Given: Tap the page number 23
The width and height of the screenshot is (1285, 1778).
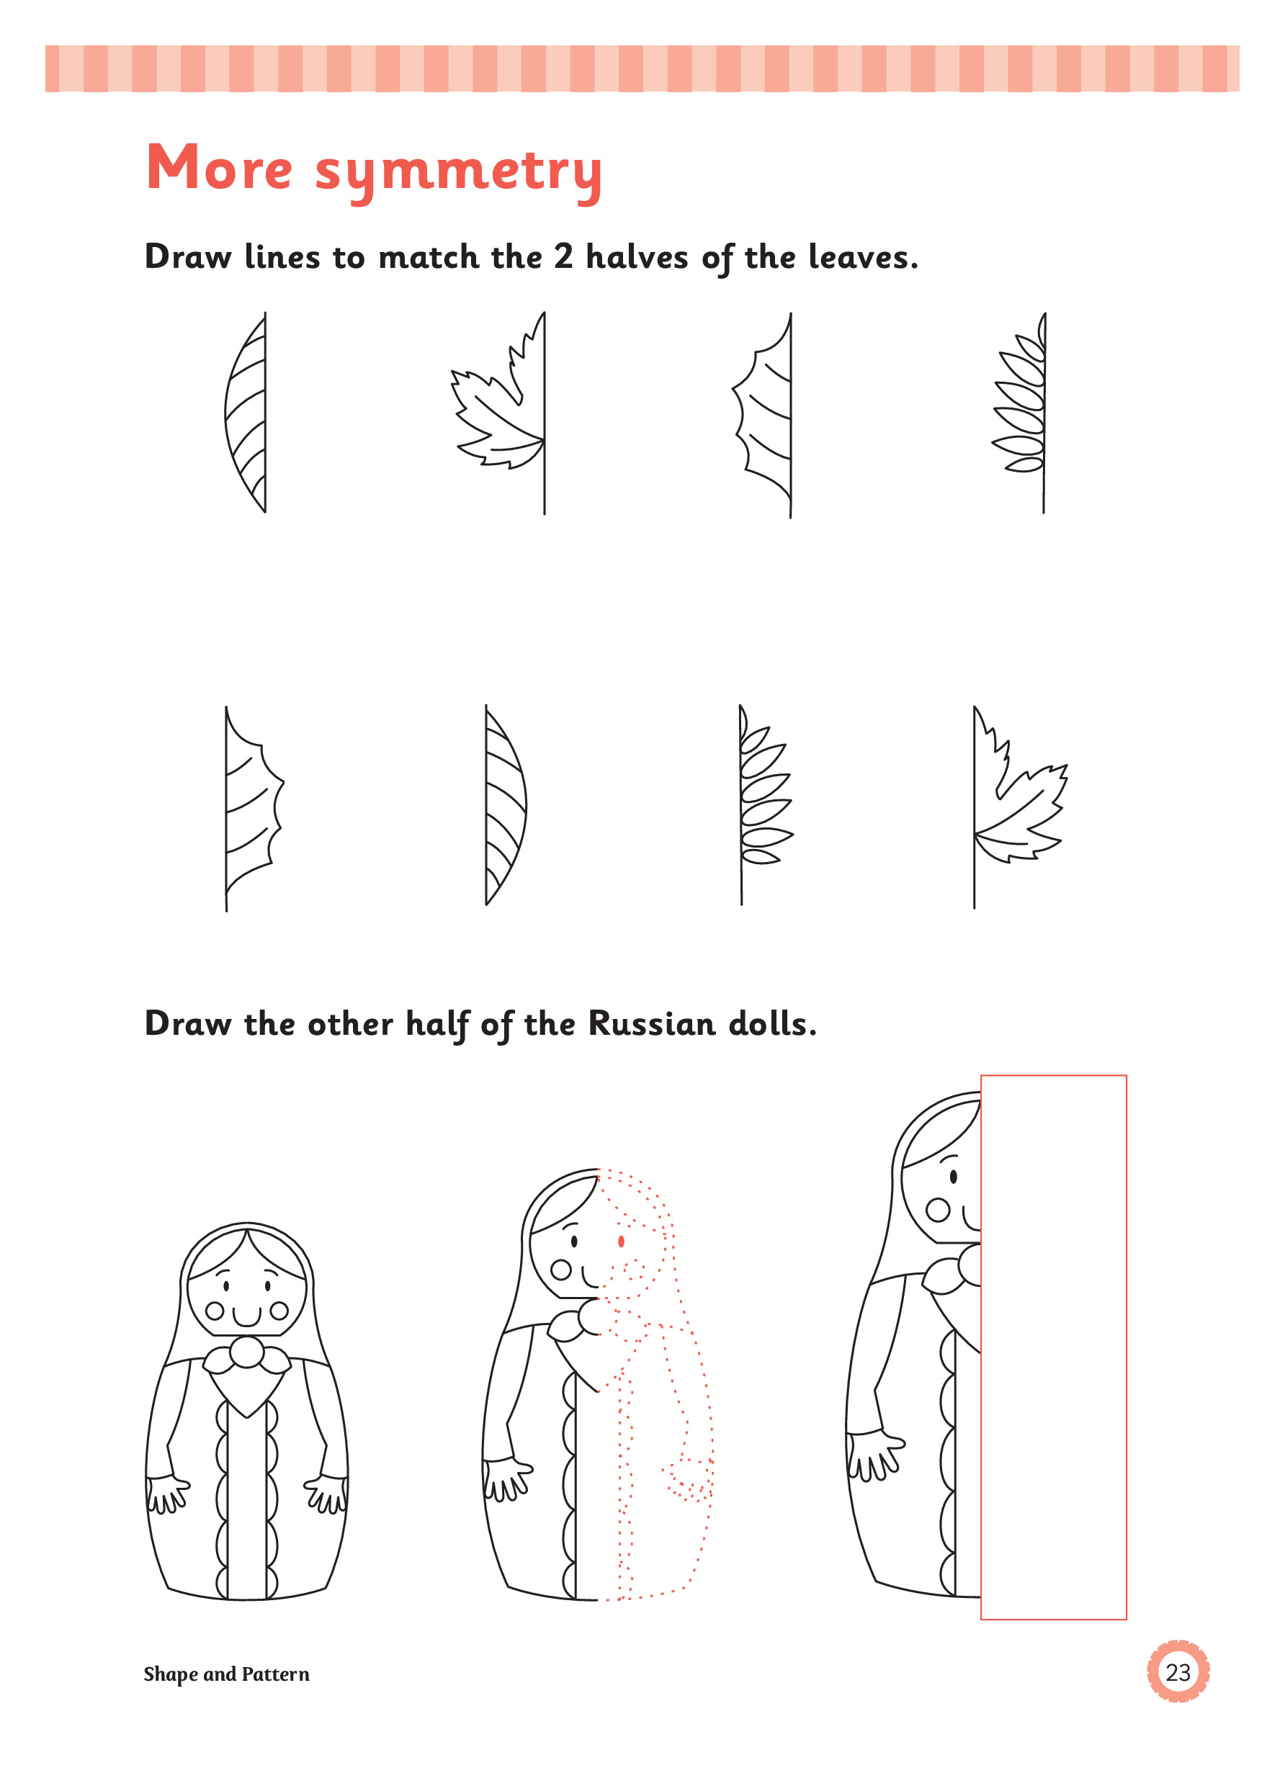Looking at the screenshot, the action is (1178, 1672).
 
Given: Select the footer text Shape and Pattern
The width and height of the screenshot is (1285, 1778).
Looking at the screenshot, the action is (227, 1674).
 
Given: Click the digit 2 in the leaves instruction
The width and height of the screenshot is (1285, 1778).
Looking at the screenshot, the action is (564, 256).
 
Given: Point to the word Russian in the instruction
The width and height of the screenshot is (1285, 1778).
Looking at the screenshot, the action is (652, 1023).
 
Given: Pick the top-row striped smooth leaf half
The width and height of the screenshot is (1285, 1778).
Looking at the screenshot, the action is (246, 413).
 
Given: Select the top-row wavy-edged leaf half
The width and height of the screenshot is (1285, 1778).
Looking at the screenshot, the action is (763, 415).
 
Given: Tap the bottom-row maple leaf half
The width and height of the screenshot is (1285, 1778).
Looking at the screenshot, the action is (1019, 807).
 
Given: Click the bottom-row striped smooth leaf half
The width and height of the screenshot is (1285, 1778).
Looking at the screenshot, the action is (506, 805).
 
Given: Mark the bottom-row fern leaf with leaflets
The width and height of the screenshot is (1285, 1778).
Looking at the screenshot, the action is (765, 805).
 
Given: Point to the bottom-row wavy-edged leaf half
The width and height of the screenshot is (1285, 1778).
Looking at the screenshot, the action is (254, 808).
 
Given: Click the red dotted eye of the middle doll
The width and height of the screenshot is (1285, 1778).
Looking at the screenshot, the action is (621, 1241).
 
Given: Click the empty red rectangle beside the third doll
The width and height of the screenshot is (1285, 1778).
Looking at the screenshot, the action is (1053, 1347).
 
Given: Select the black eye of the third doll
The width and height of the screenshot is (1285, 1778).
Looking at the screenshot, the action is (954, 1176).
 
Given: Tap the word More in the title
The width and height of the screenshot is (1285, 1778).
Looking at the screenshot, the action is (219, 166).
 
